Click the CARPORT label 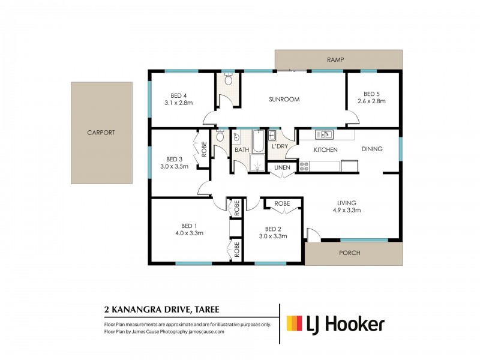(101, 133)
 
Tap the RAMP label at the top (335, 59)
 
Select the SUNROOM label (284, 100)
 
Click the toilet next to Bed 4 (228, 80)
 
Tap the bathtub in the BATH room (259, 142)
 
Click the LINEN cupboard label (282, 167)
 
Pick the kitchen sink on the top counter (324, 135)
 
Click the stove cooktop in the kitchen (304, 165)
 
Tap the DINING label (371, 149)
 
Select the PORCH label (350, 253)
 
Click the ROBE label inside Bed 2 (282, 204)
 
